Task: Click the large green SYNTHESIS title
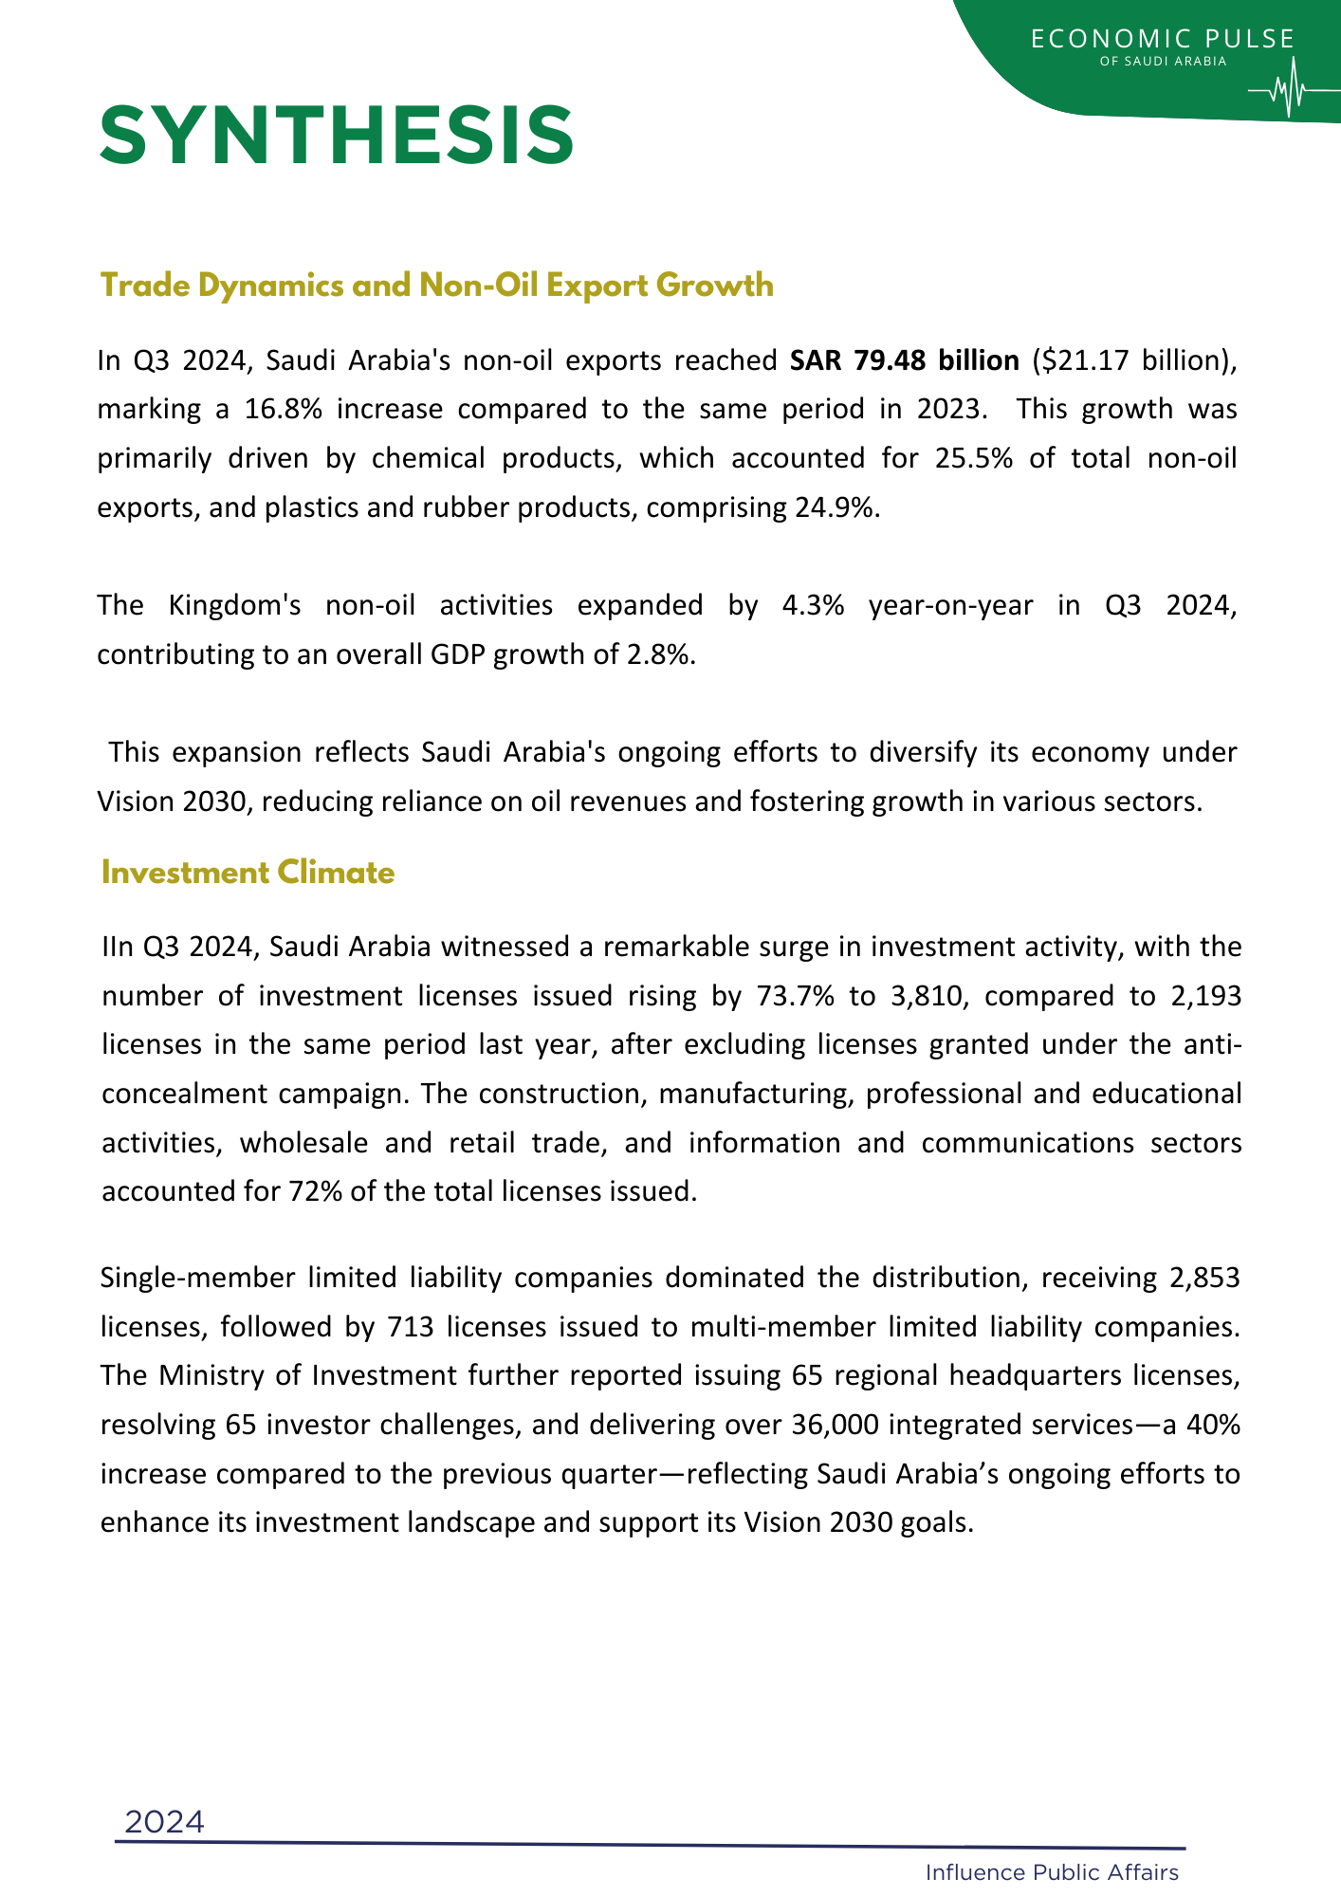pyautogui.click(x=337, y=137)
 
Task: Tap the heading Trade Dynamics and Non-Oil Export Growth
pyautogui.click(x=436, y=285)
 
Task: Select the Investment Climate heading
pyautogui.click(x=248, y=873)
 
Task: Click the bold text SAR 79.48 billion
pyautogui.click(x=904, y=361)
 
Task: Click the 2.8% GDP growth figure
pyautogui.click(x=661, y=654)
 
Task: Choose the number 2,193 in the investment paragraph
pyautogui.click(x=1204, y=996)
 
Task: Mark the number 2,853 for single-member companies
pyautogui.click(x=1204, y=1278)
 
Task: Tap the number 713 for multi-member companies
pyautogui.click(x=411, y=1326)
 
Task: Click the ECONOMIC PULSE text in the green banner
pyautogui.click(x=1162, y=39)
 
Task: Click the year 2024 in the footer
pyautogui.click(x=164, y=1822)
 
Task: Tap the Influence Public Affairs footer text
pyautogui.click(x=1052, y=1872)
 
